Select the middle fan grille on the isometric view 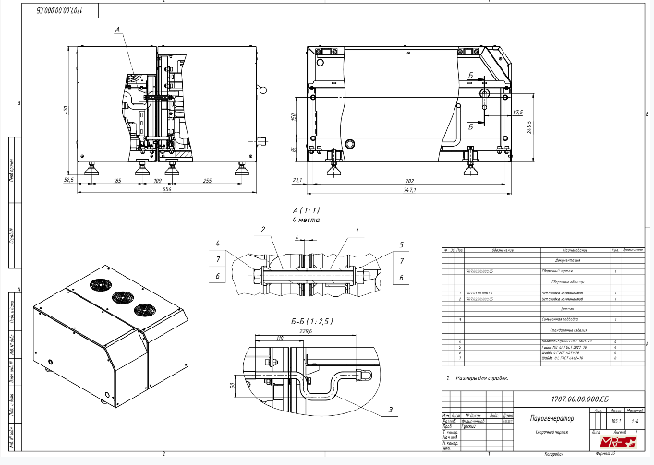[x=120, y=299]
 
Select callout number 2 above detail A [x=262, y=229]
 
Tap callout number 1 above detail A [x=357, y=229]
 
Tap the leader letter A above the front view [x=117, y=30]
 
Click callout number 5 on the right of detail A [x=403, y=245]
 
